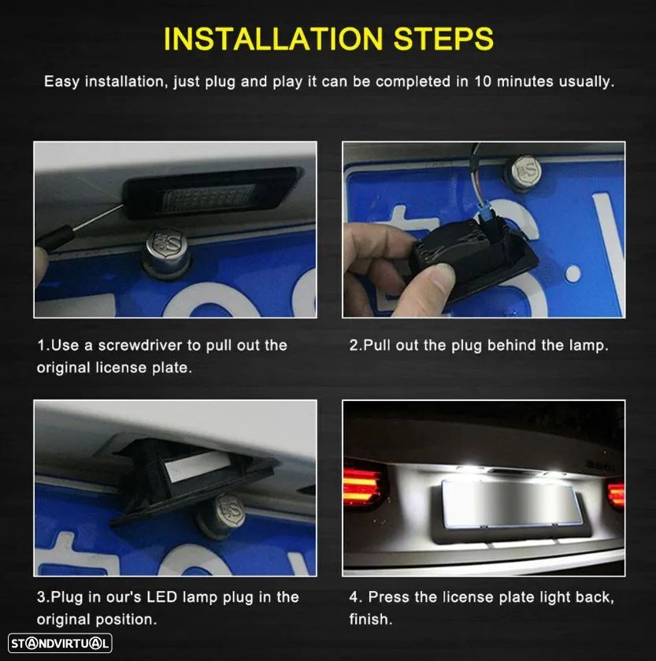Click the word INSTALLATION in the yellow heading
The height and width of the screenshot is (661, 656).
point(273,39)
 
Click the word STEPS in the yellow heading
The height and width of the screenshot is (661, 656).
point(443,39)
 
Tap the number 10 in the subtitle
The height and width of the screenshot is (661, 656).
point(483,81)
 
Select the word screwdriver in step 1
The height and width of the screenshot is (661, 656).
point(140,345)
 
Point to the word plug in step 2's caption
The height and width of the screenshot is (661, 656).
point(466,346)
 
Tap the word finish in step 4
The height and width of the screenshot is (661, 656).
point(370,619)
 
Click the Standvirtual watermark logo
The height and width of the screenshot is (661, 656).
point(60,644)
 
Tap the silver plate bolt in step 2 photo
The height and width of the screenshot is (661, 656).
point(523,173)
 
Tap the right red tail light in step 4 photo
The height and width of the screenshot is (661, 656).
point(616,495)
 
